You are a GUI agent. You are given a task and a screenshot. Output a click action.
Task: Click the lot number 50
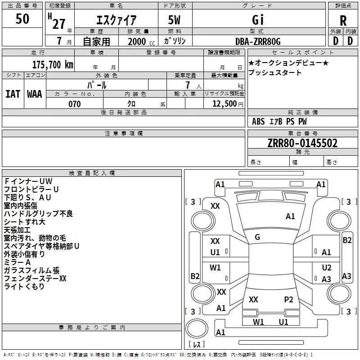coord(22,18)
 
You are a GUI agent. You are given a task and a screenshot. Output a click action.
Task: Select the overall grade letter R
coord(343,21)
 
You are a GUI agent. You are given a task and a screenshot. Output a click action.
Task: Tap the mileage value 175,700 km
coord(53,64)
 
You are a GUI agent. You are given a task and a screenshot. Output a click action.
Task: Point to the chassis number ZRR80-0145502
coord(302,143)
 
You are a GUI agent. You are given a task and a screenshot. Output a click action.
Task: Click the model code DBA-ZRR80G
coord(258,41)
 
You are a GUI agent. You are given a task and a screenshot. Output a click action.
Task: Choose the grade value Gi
coord(258,20)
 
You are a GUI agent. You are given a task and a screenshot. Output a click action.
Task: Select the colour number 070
coord(74,104)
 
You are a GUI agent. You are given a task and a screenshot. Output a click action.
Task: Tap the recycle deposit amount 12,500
coord(225,103)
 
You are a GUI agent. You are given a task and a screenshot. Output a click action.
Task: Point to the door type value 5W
coord(174,20)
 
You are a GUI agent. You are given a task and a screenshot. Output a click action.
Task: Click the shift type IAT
coord(13,94)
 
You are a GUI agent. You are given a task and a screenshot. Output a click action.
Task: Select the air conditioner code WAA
coord(35,94)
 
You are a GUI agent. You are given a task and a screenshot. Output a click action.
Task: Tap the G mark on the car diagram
coord(257,237)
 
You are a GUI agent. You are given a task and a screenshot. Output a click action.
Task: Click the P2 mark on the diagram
coord(288,300)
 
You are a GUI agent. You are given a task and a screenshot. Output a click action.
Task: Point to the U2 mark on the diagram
coord(327,267)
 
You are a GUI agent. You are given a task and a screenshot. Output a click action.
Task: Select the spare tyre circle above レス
coord(197,328)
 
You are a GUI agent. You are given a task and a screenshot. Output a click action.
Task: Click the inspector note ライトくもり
coord(24,286)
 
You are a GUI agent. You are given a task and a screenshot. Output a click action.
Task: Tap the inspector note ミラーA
coord(17,262)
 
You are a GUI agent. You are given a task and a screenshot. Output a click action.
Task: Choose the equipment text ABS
coord(258,121)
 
